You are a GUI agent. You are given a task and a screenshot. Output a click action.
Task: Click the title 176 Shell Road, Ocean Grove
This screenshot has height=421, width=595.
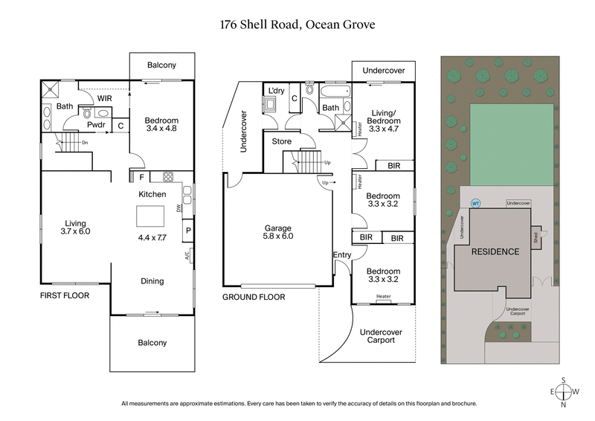click(x=297, y=24)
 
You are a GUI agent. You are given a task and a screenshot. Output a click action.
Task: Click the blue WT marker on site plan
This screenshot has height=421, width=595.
click(x=475, y=203)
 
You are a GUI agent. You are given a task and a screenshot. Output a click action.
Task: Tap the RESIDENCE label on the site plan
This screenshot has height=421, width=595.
click(x=495, y=251)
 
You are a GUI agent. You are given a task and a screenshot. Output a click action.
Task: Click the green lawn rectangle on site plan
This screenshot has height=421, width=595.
click(x=511, y=144)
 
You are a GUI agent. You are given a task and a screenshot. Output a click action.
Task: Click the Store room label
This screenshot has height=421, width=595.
click(x=281, y=141)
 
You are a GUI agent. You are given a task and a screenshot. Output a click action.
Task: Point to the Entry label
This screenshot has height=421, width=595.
click(x=342, y=255)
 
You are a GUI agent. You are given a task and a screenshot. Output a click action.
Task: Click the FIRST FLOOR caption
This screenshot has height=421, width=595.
click(x=65, y=295)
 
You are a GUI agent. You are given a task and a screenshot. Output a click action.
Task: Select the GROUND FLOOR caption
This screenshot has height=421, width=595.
click(x=254, y=296)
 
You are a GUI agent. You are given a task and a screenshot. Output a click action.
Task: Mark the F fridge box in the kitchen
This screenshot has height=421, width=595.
click(x=141, y=178)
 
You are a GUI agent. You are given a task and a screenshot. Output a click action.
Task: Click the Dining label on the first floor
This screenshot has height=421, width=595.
click(x=152, y=281)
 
